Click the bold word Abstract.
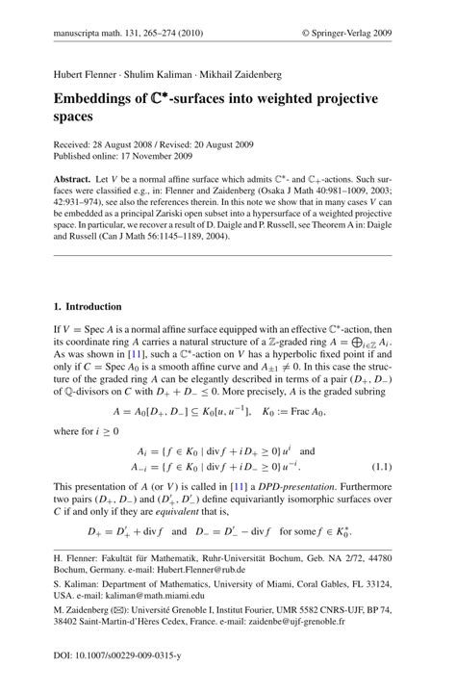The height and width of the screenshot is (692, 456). coord(73,181)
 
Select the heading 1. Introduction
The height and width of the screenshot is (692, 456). coord(88,307)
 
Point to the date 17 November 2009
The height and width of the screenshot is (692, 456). coord(160,155)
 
